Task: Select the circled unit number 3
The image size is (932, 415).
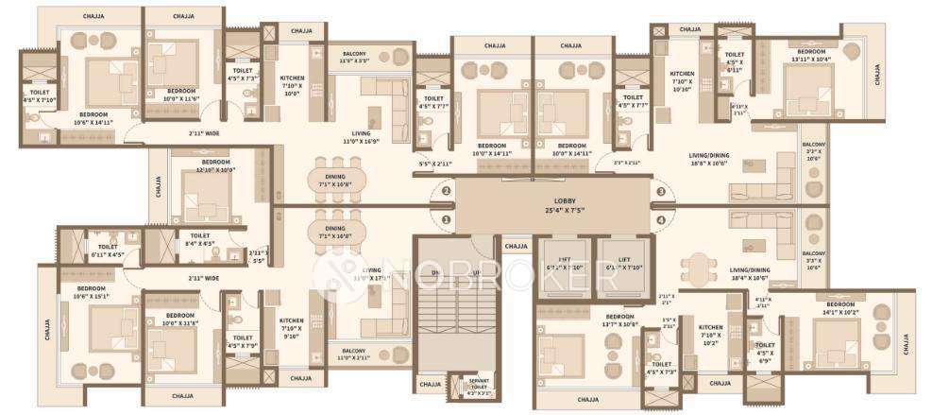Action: [661, 192]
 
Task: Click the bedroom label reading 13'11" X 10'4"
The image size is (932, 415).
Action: [811, 55]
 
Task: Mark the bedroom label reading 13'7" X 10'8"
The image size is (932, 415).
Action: [619, 320]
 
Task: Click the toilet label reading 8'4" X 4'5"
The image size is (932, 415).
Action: [200, 239]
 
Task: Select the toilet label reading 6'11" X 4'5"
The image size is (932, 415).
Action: [101, 251]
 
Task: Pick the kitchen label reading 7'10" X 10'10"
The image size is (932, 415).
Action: [682, 81]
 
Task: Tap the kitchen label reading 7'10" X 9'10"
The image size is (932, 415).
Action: [292, 327]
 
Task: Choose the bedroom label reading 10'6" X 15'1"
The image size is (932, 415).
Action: [92, 292]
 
